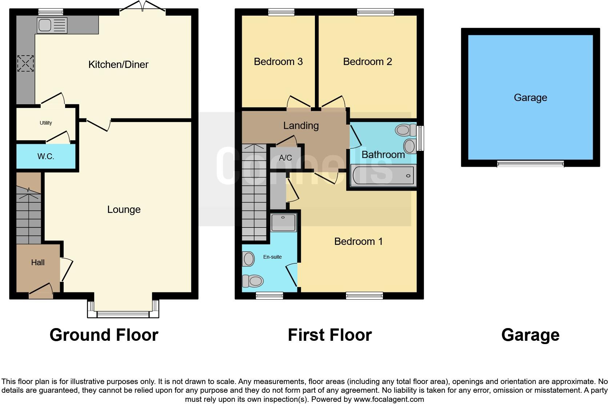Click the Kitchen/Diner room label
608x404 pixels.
[118, 65]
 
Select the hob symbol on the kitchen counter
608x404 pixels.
[25, 64]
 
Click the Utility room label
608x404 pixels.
[46, 123]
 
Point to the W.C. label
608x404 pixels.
[46, 157]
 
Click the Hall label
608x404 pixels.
[38, 262]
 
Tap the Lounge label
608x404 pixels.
[124, 210]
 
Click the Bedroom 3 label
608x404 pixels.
[278, 62]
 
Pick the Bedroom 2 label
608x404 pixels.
[367, 62]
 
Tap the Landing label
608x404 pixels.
[301, 126]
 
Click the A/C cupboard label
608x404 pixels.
[285, 158]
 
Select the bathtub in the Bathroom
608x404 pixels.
[383, 175]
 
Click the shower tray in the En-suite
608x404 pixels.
[284, 222]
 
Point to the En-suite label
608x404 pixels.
[272, 257]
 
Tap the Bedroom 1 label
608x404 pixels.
[358, 242]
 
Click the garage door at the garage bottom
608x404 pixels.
[530, 164]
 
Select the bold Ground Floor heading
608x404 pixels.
[104, 335]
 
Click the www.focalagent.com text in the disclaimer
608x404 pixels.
[389, 399]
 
